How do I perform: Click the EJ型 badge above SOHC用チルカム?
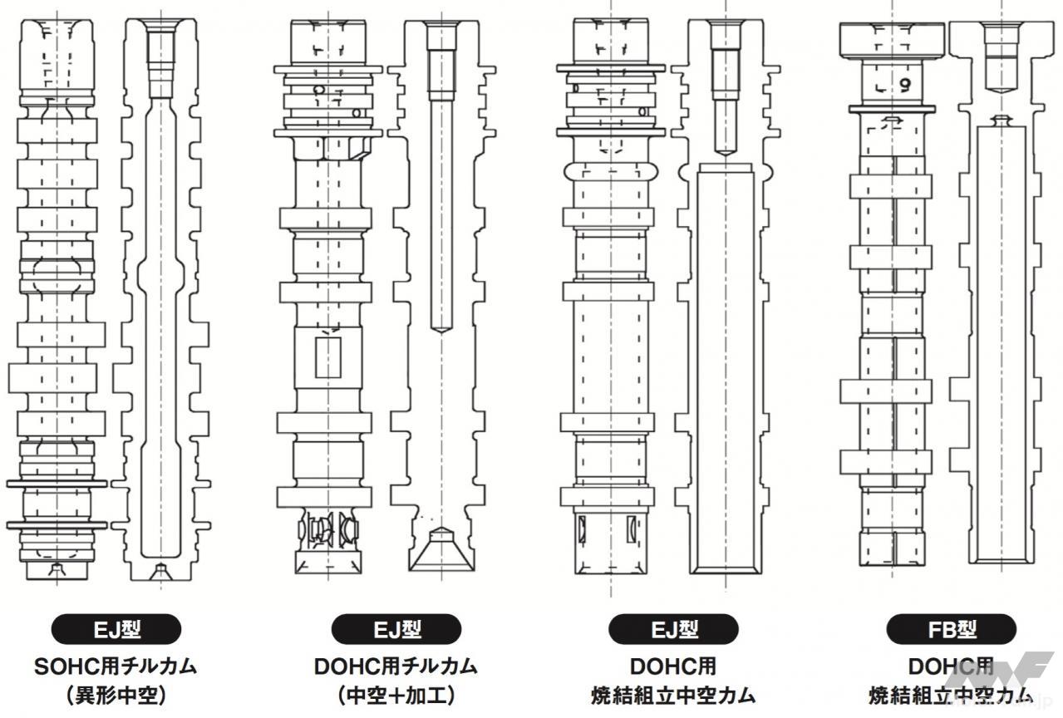[x=116, y=629]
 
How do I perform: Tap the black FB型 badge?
[x=951, y=629]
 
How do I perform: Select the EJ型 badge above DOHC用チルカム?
[x=396, y=629]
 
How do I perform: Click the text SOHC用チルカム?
[x=116, y=666]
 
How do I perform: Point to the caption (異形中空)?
[x=116, y=695]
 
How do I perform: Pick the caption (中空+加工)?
[x=396, y=695]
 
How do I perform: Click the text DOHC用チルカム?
[x=396, y=666]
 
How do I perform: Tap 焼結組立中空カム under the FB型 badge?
[x=951, y=695]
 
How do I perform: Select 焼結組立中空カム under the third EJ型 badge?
[x=673, y=695]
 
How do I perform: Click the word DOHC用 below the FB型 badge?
[x=951, y=666]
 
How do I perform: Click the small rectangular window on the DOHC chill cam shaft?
[x=328, y=357]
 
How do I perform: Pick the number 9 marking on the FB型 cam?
[x=904, y=83]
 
